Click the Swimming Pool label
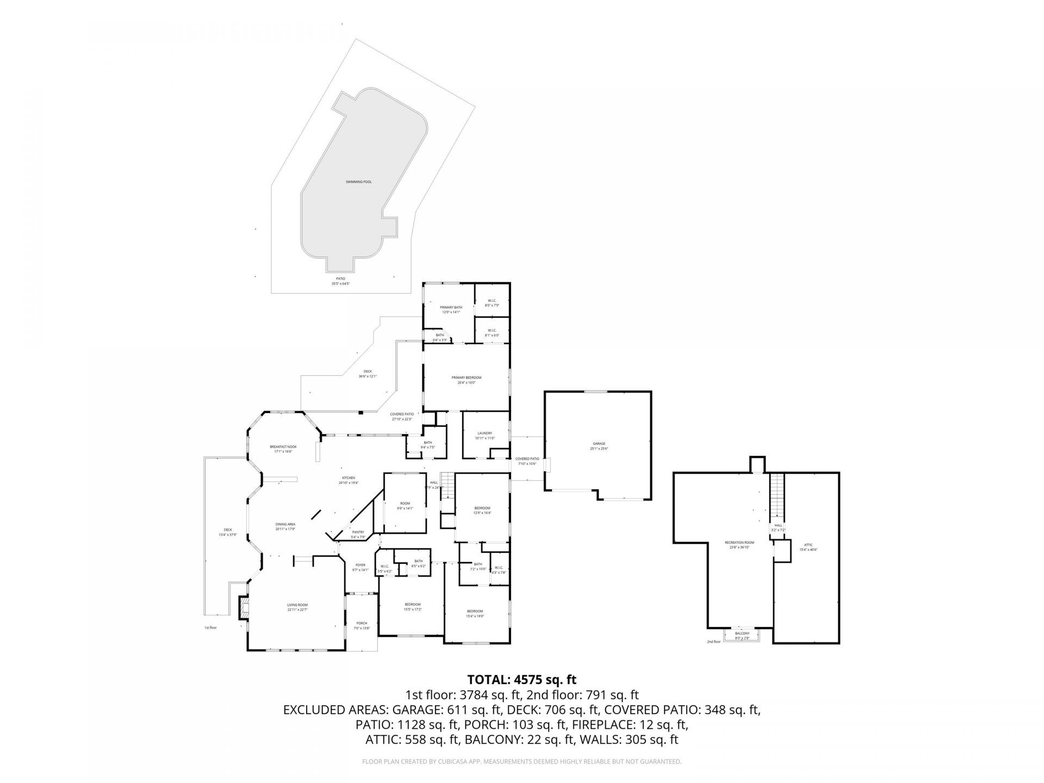coord(358,182)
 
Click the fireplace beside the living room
coord(243,607)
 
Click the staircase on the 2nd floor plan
coord(778,496)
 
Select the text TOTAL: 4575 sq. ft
coord(521,680)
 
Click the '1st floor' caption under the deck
coord(210,627)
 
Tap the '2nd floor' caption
coord(713,642)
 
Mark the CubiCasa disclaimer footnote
coord(521,762)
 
